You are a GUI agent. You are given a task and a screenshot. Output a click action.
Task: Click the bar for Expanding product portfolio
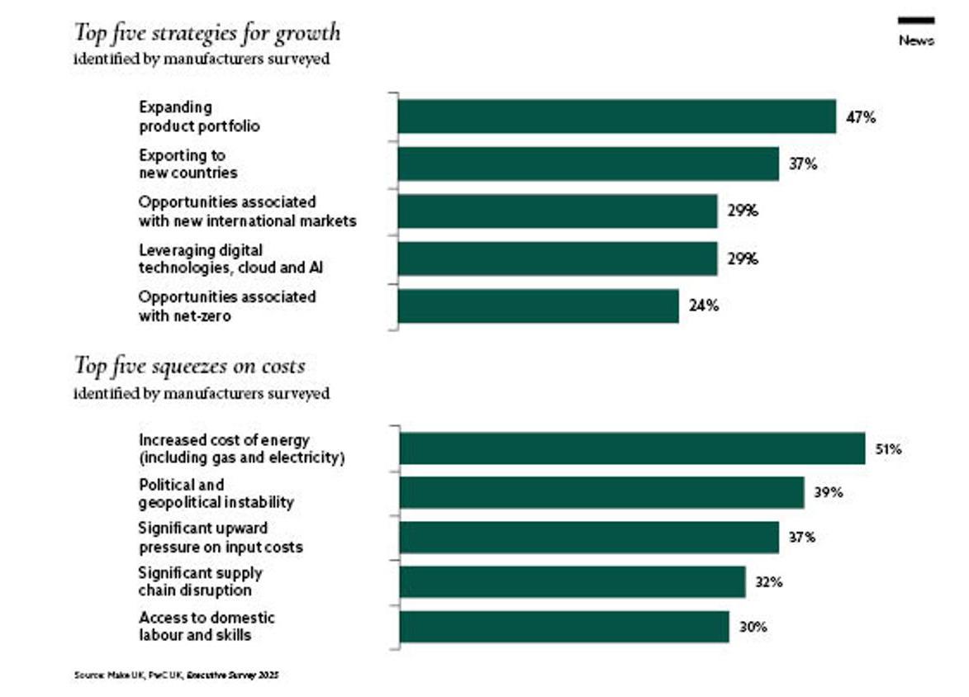(x=616, y=116)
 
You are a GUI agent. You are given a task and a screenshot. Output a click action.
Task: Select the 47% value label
(x=860, y=117)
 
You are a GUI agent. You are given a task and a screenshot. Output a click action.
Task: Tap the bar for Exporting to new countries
(x=588, y=164)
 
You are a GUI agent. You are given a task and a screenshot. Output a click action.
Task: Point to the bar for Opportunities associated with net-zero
(x=538, y=306)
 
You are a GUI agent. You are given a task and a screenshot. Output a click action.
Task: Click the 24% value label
(x=704, y=306)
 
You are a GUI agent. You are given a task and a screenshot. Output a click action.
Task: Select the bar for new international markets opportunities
(x=558, y=211)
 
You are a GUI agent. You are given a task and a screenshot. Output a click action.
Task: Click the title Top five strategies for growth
(x=207, y=33)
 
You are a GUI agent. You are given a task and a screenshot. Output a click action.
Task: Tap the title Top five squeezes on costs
(x=189, y=365)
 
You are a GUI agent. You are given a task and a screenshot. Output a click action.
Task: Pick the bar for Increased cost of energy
(x=632, y=448)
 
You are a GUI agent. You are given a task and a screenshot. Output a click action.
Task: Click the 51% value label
(x=888, y=450)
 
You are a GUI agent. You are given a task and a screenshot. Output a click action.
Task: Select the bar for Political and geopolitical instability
(x=601, y=492)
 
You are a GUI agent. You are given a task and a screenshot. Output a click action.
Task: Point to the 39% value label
(x=828, y=493)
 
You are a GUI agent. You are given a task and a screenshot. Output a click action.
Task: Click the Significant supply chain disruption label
(x=200, y=581)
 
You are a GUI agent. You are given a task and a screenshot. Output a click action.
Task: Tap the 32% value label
(x=768, y=581)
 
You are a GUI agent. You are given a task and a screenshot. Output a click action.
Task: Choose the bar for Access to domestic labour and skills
(x=564, y=627)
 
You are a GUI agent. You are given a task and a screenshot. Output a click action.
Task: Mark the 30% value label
(x=753, y=627)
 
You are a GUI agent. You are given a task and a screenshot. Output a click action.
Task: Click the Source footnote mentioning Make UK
(x=176, y=675)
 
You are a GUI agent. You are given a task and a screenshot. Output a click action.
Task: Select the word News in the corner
(x=916, y=40)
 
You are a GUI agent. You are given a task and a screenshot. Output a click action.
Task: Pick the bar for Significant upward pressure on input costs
(x=589, y=537)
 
